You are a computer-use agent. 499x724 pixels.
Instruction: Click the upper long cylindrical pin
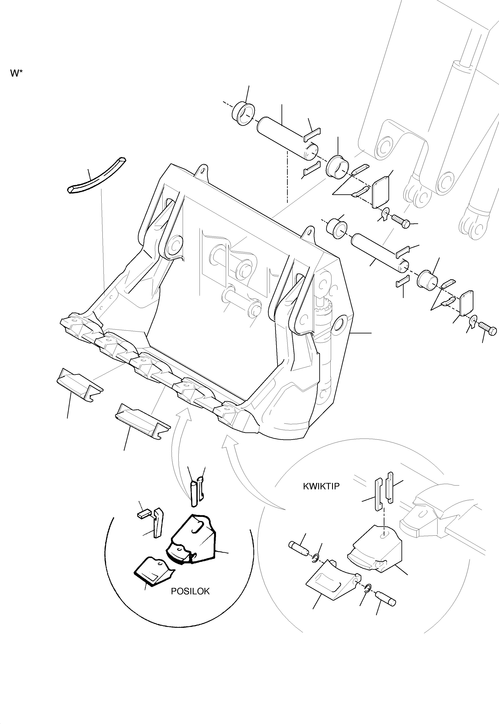click(x=287, y=138)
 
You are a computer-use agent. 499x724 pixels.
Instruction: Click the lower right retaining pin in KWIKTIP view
click(x=387, y=598)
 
